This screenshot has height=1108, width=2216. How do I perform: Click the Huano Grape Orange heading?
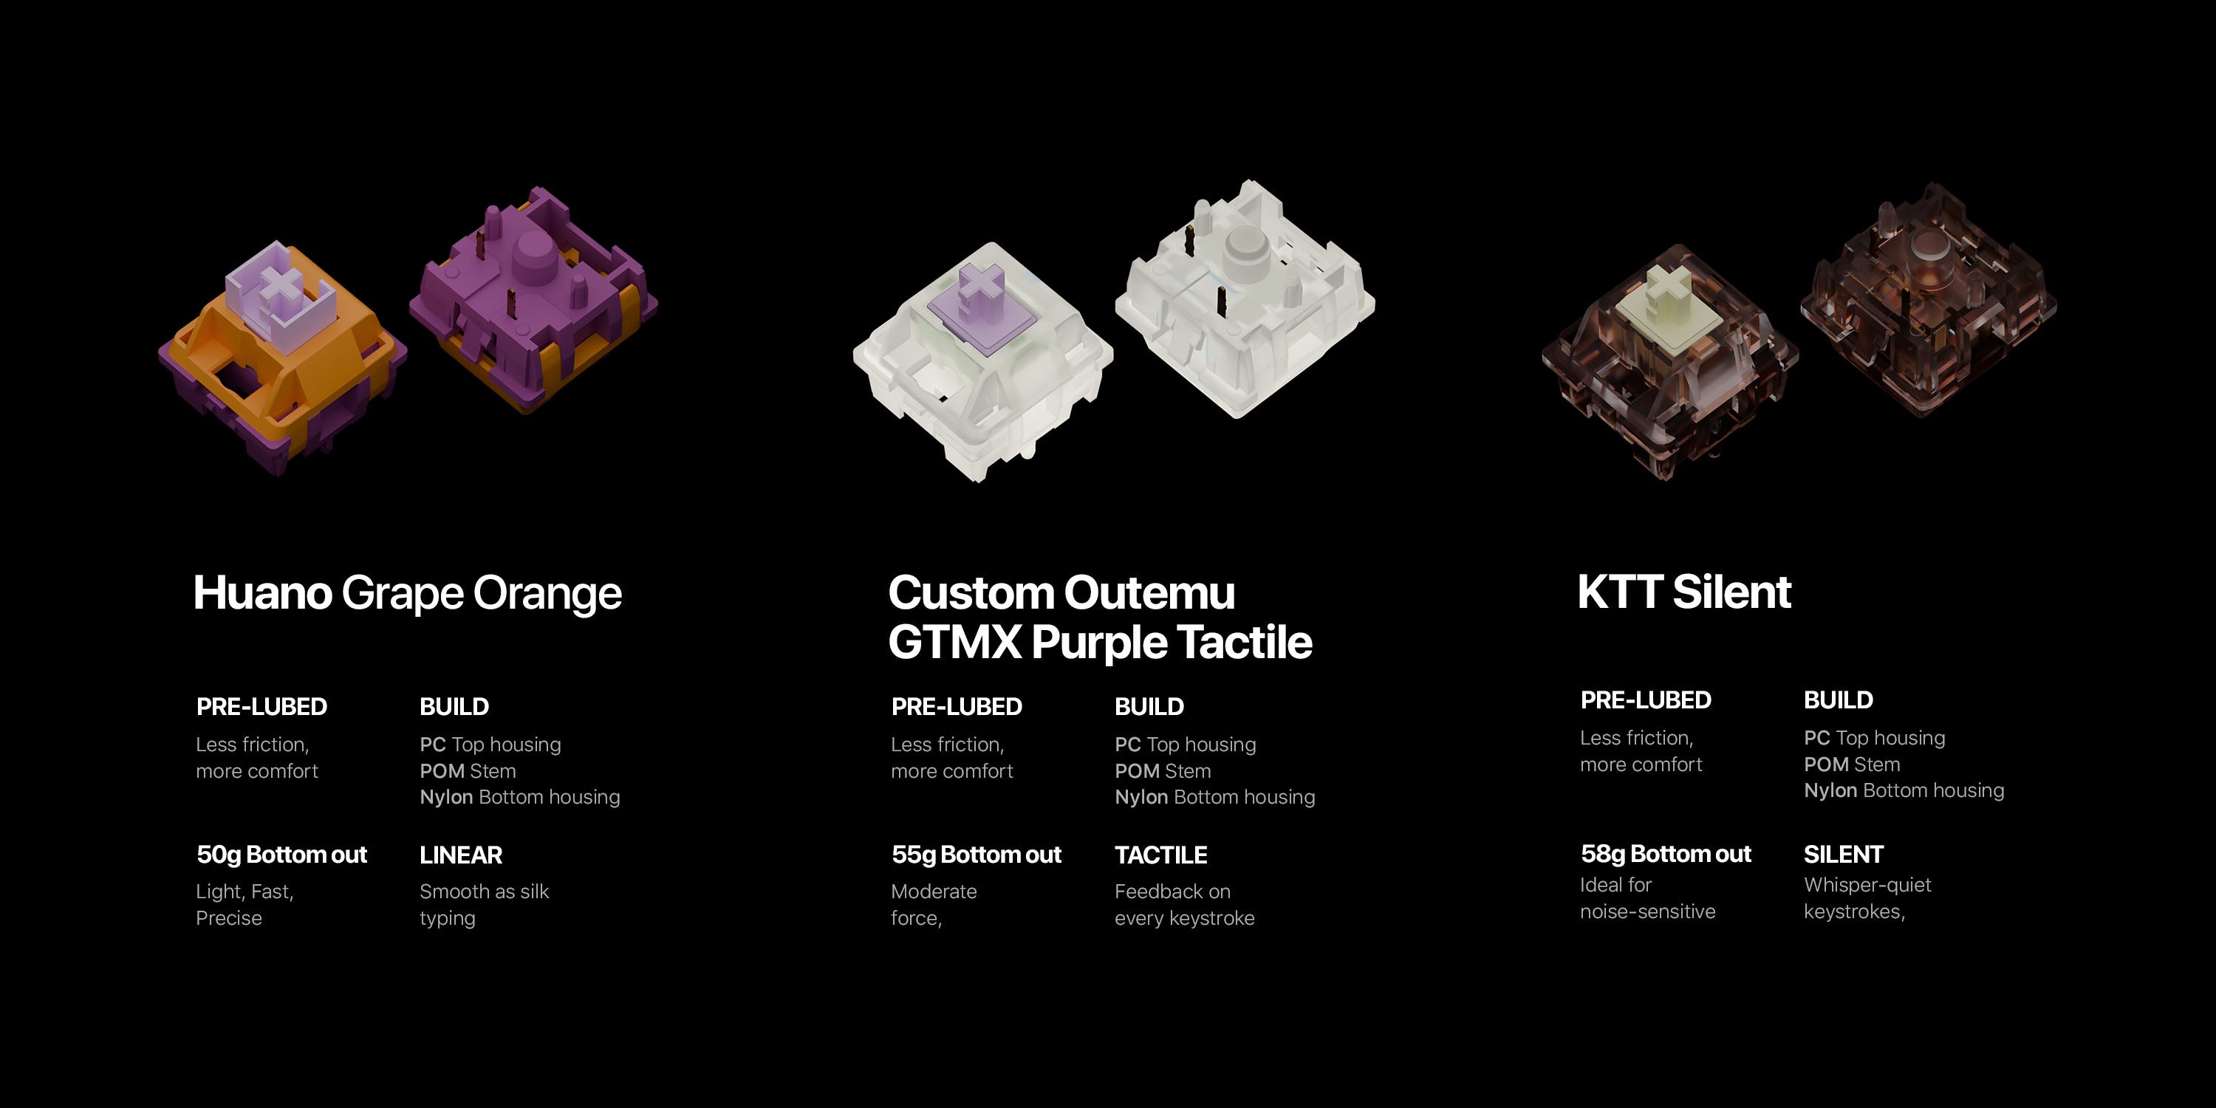coord(407,594)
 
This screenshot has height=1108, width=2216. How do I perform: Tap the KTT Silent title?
coord(1684,592)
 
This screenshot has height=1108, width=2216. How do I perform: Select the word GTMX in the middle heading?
coord(955,642)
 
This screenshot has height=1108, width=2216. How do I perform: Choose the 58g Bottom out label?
coord(1666,854)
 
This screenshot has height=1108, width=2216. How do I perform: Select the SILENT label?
coord(1844,854)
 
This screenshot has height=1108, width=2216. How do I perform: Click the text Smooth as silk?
coord(485,892)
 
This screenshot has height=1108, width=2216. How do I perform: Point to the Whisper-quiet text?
coord(1867,885)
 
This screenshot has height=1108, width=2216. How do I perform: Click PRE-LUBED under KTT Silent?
coord(1646,700)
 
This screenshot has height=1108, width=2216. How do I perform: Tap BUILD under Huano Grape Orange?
coord(454,707)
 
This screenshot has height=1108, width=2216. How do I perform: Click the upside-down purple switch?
coord(533,298)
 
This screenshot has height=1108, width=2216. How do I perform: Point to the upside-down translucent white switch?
coord(1245,298)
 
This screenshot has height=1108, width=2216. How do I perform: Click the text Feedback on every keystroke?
coord(1185,905)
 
